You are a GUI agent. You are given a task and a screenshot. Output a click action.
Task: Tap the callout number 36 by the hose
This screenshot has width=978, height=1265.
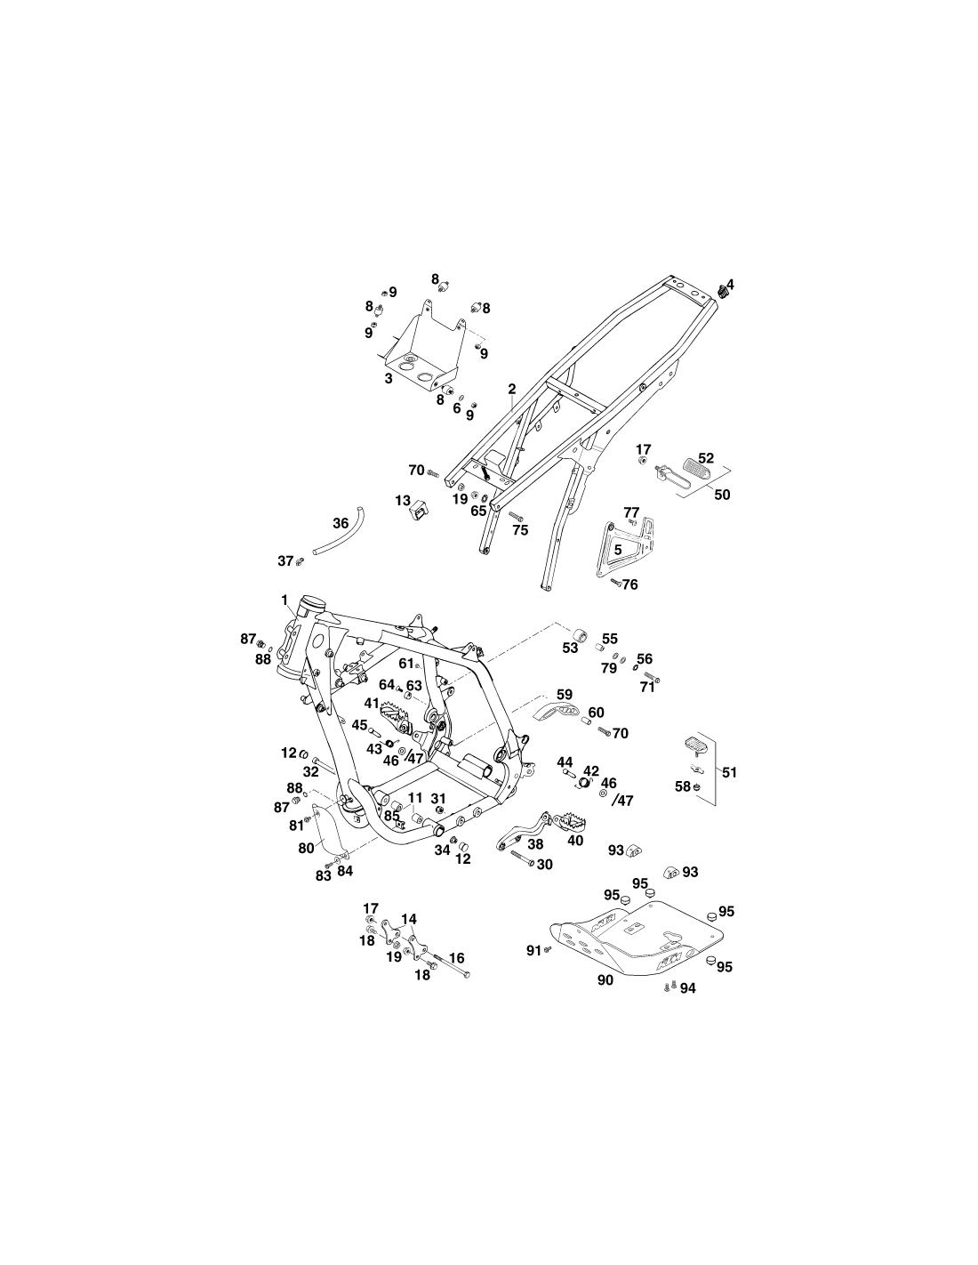[x=341, y=523]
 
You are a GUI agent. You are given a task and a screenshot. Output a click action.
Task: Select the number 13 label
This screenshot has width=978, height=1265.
[x=403, y=501]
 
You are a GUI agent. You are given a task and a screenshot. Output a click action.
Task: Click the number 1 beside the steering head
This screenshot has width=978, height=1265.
[x=285, y=600]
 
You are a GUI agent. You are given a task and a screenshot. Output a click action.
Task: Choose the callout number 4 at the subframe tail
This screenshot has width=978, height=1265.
[x=730, y=285]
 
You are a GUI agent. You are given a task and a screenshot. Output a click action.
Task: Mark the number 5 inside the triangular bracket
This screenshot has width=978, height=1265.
[x=618, y=550]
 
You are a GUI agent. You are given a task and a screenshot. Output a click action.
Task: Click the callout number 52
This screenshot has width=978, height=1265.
[x=706, y=458]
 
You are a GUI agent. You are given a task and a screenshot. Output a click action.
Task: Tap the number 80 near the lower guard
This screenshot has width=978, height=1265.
[x=306, y=848]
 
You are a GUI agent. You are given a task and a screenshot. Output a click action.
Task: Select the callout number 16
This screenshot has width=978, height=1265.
[x=457, y=957]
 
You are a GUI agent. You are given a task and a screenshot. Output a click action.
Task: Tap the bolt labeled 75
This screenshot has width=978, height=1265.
[x=516, y=516]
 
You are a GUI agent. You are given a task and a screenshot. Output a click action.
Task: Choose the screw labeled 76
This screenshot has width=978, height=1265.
[x=616, y=581]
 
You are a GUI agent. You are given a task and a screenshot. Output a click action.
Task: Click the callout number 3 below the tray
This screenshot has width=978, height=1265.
[x=388, y=378]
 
